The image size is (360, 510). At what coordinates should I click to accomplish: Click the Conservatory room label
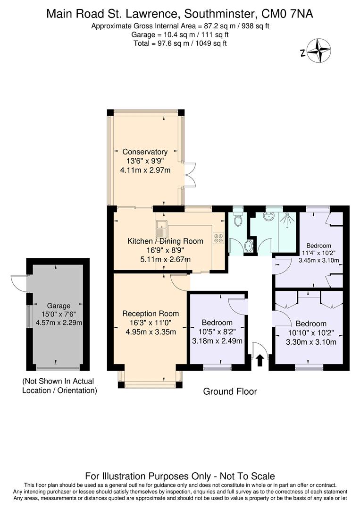(x=145, y=152)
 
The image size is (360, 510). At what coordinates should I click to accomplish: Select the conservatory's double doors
(x=189, y=175)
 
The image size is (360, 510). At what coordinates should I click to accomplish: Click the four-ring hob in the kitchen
(x=218, y=238)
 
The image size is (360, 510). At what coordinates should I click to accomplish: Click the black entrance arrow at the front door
(x=259, y=361)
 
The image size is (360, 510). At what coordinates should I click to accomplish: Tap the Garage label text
(x=58, y=306)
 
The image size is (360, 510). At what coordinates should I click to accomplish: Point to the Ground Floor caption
(x=230, y=391)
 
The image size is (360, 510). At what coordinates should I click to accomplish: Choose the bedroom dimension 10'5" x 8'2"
(x=217, y=332)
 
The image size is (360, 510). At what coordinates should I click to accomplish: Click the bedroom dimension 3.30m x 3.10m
(x=311, y=342)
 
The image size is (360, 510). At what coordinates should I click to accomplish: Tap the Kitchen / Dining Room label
(x=165, y=241)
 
